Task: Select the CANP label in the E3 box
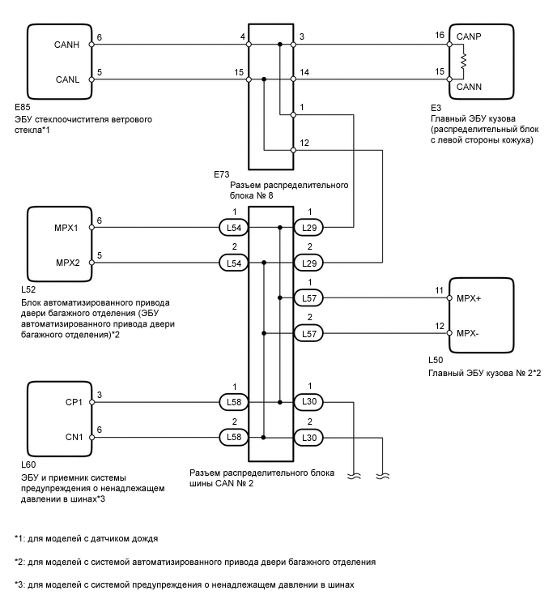pos(469,36)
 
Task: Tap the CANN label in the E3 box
pos(470,85)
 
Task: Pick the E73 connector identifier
pos(220,174)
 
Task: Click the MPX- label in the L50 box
pos(470,333)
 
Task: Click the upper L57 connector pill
pos(308,298)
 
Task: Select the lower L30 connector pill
pos(308,437)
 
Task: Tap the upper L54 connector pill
pos(233,229)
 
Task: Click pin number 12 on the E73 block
pos(304,143)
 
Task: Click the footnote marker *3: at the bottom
pos(19,584)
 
